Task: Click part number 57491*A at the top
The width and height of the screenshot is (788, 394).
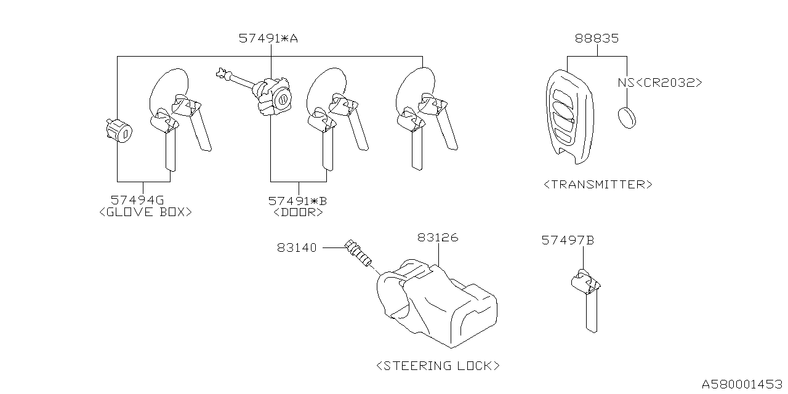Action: [x=268, y=38]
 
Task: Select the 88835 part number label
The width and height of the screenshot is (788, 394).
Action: [x=597, y=38]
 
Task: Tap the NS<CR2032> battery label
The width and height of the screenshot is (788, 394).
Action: [x=659, y=82]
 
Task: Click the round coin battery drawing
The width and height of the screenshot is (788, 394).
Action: [x=626, y=117]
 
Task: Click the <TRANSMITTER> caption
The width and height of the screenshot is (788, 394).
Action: [x=598, y=184]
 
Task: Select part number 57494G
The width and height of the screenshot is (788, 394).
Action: [x=137, y=199]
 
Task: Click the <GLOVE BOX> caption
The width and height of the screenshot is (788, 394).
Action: [x=145, y=212]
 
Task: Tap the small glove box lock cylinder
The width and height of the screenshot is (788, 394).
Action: [x=118, y=131]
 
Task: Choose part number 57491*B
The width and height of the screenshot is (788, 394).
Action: [x=298, y=200]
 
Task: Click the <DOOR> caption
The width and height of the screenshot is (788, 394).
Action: [x=298, y=212]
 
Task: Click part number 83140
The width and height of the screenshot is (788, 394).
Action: [x=297, y=247]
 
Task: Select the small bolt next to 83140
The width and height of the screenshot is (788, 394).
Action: [x=360, y=253]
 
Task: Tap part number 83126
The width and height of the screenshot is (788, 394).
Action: [x=438, y=237]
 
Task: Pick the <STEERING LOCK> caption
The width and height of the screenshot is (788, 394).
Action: [x=438, y=366]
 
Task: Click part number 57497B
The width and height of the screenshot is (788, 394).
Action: [x=567, y=240]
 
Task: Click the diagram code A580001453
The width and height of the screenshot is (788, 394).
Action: [x=744, y=384]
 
